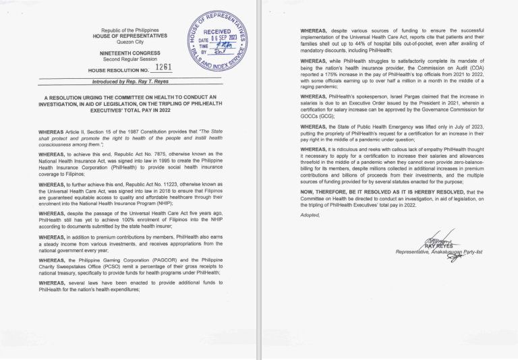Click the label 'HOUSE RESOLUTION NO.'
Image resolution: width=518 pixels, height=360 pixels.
click(x=119, y=70)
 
